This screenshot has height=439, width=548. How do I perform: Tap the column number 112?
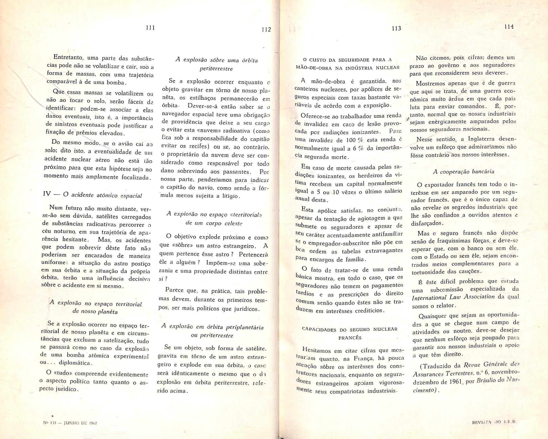point(266,29)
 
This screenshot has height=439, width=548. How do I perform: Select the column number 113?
point(396,28)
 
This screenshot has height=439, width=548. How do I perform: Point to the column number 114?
point(509,27)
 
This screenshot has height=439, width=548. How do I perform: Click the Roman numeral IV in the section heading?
point(47,194)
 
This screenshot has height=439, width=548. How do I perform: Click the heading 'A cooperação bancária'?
point(464,172)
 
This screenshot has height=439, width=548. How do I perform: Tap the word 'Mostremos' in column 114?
point(430,84)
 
